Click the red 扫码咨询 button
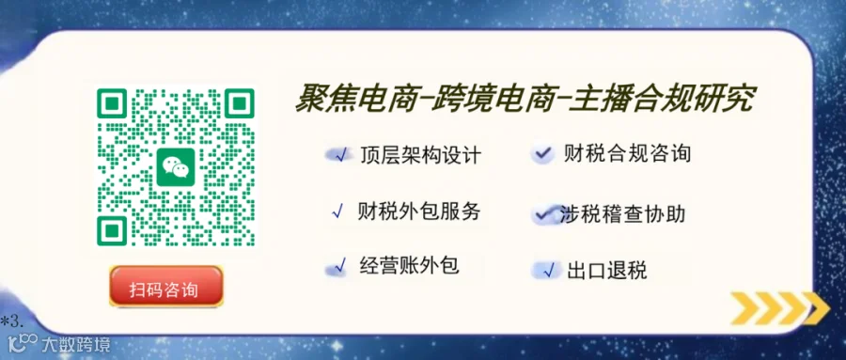pos(166,286)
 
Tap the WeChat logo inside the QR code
pos(176,167)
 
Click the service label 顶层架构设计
pos(420,155)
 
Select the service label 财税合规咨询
pos(627,154)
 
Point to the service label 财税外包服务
pos(418,211)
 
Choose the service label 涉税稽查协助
pos(622,214)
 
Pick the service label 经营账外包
pos(409,265)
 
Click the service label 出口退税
pos(607,270)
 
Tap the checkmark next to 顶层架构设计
pos(340,155)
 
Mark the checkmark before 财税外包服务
pos(338,211)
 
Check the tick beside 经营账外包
pos(340,265)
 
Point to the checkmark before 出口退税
pos(549,270)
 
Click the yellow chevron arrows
pos(780,308)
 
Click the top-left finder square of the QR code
pos(112,103)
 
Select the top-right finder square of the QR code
pos(239,103)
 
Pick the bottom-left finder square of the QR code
pos(112,231)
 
